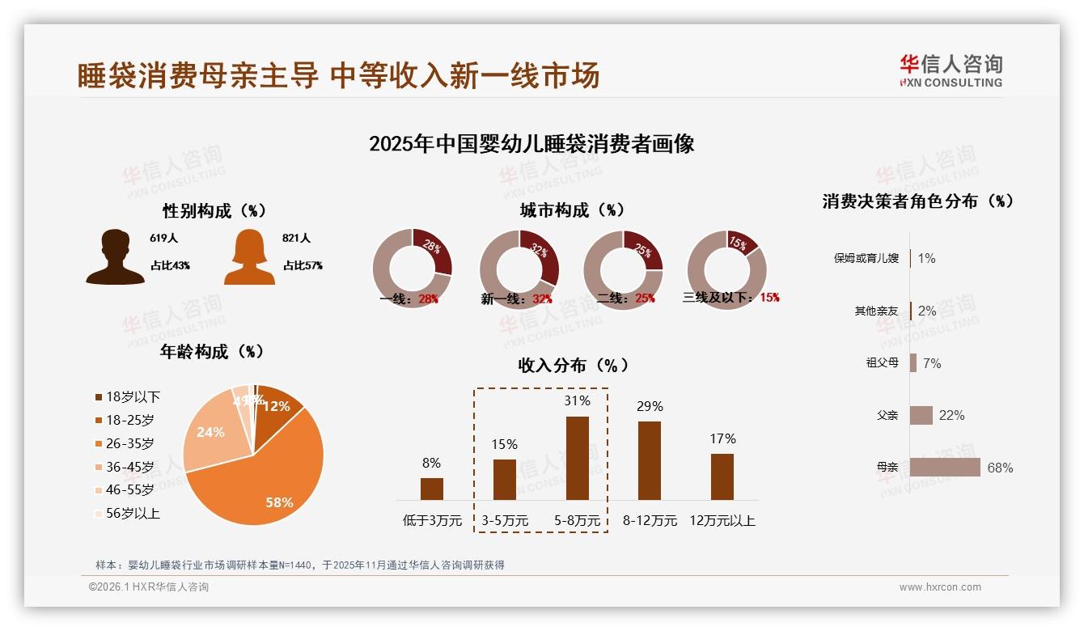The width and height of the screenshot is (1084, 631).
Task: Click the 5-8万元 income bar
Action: [x=577, y=458]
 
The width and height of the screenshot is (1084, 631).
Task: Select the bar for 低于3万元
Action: [x=432, y=489]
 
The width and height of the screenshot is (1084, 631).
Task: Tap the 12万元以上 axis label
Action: [x=722, y=521]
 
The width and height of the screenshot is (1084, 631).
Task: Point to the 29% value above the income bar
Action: [x=650, y=406]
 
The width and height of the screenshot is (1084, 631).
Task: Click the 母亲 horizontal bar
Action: [x=945, y=468]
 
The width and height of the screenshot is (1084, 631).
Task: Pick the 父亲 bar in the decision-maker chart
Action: [x=921, y=415]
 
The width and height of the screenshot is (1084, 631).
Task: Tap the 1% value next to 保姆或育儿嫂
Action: [x=926, y=258]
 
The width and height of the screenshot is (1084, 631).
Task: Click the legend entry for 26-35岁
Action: [x=129, y=443]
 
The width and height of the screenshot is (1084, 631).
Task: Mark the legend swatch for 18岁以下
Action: [x=100, y=397]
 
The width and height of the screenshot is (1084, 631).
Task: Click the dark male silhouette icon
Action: [x=116, y=256]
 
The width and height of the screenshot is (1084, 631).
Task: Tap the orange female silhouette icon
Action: [x=249, y=256]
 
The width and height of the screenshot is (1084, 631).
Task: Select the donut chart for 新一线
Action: [x=519, y=269]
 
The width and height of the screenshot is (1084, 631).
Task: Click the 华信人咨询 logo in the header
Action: [x=951, y=70]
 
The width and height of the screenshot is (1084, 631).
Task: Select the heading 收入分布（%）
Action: [x=574, y=365]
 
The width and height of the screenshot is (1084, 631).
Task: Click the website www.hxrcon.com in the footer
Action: [x=940, y=587]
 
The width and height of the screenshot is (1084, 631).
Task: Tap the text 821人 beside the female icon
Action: [x=297, y=239]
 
